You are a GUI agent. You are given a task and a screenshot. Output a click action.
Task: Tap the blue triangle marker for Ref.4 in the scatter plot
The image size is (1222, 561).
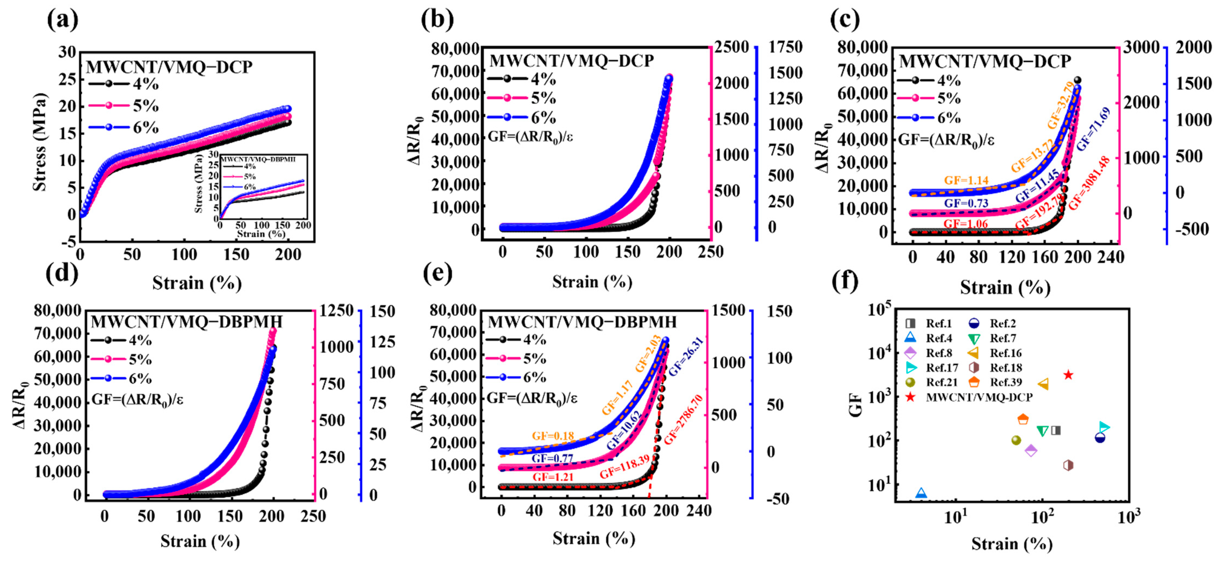coord(921,493)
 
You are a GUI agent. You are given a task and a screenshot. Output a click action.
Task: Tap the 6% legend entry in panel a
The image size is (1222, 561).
coord(123,127)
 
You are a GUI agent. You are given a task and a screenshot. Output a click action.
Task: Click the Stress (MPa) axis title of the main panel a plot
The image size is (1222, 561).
coord(40,142)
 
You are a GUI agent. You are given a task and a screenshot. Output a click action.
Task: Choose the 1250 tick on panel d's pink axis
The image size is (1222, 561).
coord(336,311)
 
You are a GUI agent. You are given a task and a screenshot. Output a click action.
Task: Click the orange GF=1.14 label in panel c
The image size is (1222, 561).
coord(966,180)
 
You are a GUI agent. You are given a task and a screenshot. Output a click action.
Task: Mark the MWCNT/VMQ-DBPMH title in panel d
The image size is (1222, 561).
coord(186,322)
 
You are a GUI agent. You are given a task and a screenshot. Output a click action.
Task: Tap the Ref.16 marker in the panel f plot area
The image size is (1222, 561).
coord(1043,384)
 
